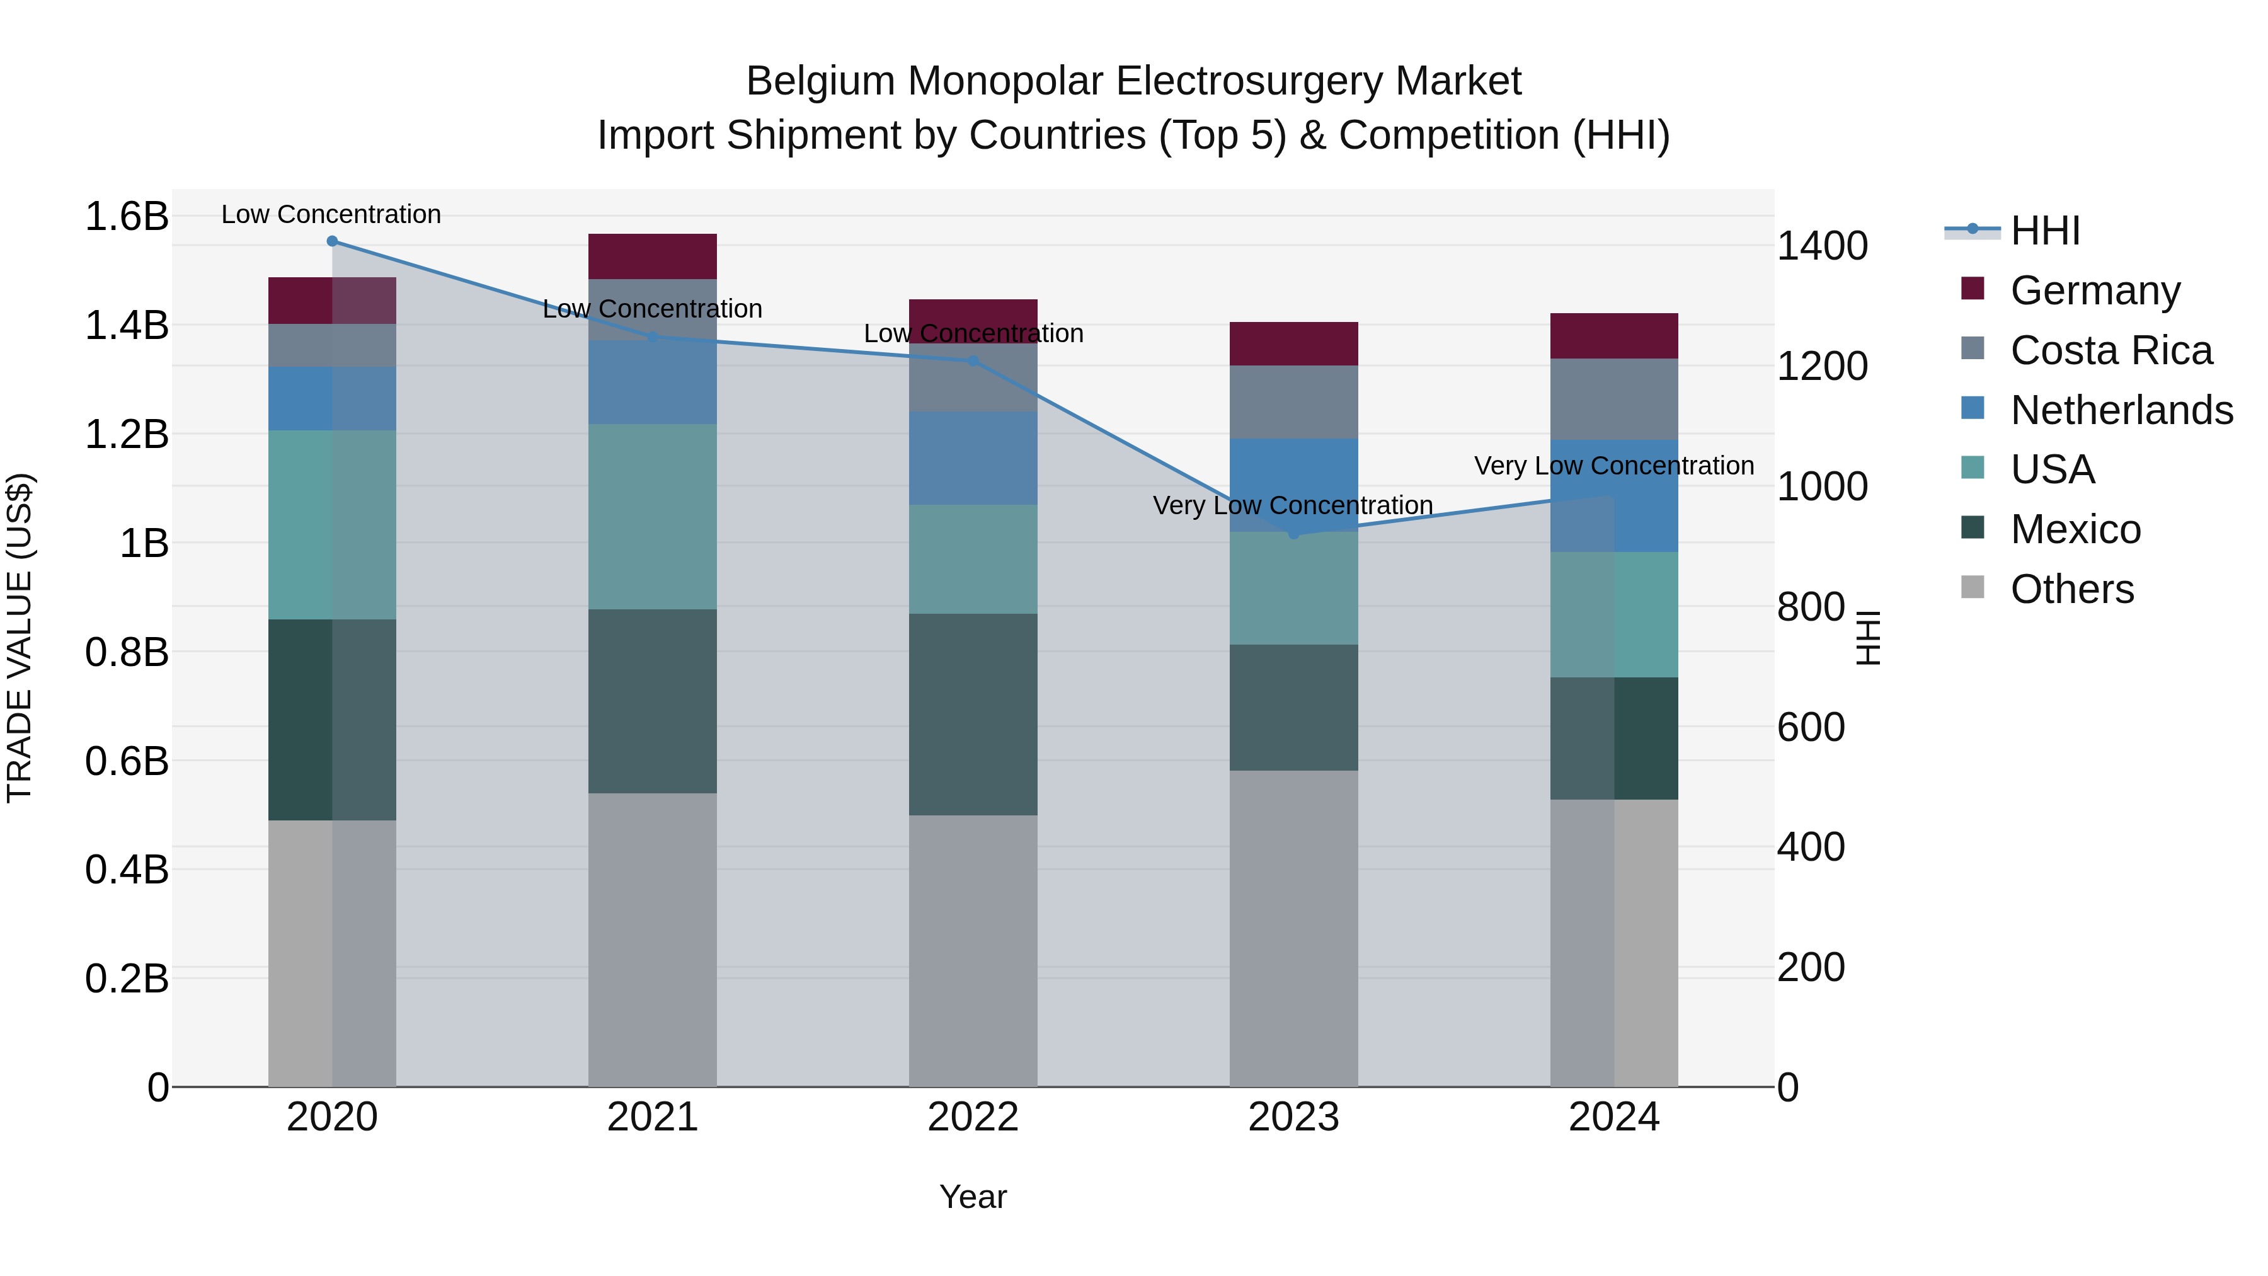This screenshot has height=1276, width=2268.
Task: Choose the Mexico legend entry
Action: pos(2075,529)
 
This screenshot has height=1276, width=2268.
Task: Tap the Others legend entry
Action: pos(2071,589)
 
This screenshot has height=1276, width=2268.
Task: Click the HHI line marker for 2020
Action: pos(332,241)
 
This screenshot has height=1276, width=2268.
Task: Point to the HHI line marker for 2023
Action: pos(1293,534)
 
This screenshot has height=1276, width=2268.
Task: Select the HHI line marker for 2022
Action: pos(973,361)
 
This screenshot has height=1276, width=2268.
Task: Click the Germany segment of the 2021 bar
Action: pos(653,256)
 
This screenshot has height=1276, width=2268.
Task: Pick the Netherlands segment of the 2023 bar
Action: pos(1293,485)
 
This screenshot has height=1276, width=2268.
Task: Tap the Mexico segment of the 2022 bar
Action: pos(973,714)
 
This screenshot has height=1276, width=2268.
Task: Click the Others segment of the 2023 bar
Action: pos(1293,928)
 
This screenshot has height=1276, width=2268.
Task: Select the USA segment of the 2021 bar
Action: pos(653,517)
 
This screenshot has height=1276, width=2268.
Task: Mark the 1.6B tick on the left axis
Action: pos(127,217)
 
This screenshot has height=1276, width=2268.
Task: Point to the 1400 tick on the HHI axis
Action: pos(1821,246)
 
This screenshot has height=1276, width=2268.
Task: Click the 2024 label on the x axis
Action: pos(1614,1117)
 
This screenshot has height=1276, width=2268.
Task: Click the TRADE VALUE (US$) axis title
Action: pos(20,638)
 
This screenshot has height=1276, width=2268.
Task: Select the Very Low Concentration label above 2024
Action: pos(1614,466)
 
